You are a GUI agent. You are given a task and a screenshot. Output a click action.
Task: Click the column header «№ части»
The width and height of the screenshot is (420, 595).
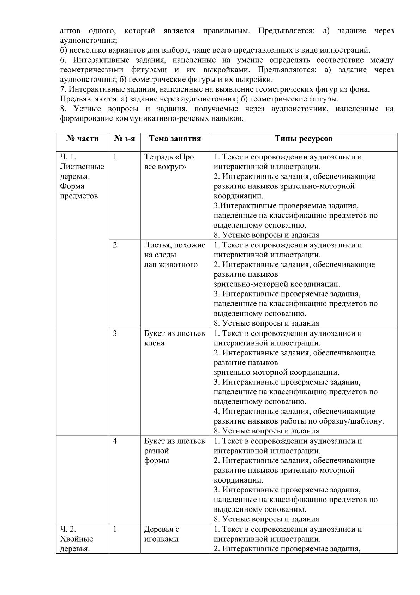pos(82,139)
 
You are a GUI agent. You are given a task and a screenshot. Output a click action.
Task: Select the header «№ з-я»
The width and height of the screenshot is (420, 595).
pos(124,139)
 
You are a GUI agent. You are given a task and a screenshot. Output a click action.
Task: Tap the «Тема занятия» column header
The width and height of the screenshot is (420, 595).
pos(175,139)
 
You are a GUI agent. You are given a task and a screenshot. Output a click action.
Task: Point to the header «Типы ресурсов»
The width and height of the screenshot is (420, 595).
pos(304,139)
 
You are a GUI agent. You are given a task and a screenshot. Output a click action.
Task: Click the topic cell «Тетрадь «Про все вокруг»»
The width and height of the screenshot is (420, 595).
pos(169,162)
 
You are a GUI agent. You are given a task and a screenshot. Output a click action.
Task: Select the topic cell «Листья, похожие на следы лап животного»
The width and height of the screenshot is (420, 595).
pos(174,255)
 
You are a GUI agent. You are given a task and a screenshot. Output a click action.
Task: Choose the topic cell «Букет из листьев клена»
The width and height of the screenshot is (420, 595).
pos(174,338)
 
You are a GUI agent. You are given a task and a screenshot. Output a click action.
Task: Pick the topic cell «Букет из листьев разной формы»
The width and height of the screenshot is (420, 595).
pos(174,451)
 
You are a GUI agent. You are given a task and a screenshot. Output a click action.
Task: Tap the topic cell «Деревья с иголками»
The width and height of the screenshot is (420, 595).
pos(162,534)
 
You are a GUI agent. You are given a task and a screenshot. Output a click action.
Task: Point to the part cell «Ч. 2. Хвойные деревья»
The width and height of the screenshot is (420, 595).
pos(77,539)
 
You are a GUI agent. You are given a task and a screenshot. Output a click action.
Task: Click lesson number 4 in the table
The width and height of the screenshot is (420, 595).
pos(115,441)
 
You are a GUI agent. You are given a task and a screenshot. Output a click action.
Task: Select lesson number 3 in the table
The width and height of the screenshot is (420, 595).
pos(115,333)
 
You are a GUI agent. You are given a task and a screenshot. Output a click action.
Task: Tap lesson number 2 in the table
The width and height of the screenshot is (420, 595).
pos(115,245)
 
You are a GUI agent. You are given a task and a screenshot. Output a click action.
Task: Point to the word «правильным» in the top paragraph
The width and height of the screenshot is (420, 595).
pos(226,31)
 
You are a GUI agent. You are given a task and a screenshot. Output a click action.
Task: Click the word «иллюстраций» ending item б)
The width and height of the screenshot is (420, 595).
pos(347,50)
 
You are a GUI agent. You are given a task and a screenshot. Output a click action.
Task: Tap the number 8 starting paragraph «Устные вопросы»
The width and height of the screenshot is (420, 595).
pos(62,109)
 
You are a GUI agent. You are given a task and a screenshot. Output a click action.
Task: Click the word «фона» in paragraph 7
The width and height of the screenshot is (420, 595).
pos(360,89)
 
